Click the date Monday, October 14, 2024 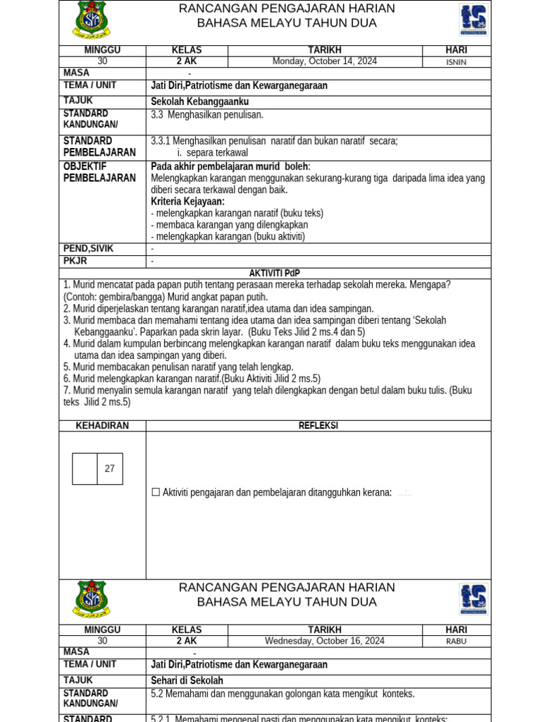point(325,61)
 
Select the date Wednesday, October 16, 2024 point(325,641)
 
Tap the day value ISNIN point(456,62)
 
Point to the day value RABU point(456,642)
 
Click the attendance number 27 point(110,469)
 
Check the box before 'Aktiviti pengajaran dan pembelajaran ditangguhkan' point(156,492)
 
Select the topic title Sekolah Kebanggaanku point(199,102)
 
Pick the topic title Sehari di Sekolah point(187,680)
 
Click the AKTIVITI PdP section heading point(275,274)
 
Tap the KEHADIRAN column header point(102,426)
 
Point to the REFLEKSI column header point(318,426)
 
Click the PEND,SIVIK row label point(88,249)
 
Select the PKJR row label point(75,261)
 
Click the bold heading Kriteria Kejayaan point(187,202)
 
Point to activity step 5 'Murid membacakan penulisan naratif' point(178,367)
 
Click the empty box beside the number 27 point(85,469)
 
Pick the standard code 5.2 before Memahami point(157,694)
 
